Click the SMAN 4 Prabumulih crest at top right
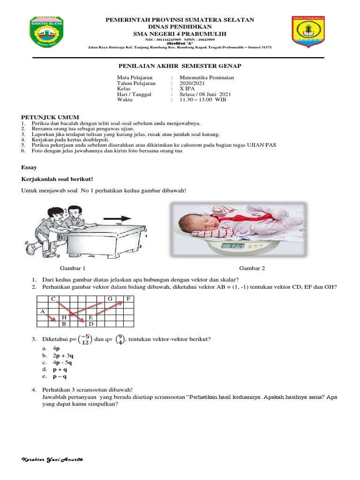[309, 31]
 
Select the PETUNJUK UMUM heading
[51, 117]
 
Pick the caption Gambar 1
[73, 268]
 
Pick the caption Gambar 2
[252, 268]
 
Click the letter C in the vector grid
[53, 299]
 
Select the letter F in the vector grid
[128, 299]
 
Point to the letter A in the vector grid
[42, 311]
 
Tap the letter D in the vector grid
[91, 323]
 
